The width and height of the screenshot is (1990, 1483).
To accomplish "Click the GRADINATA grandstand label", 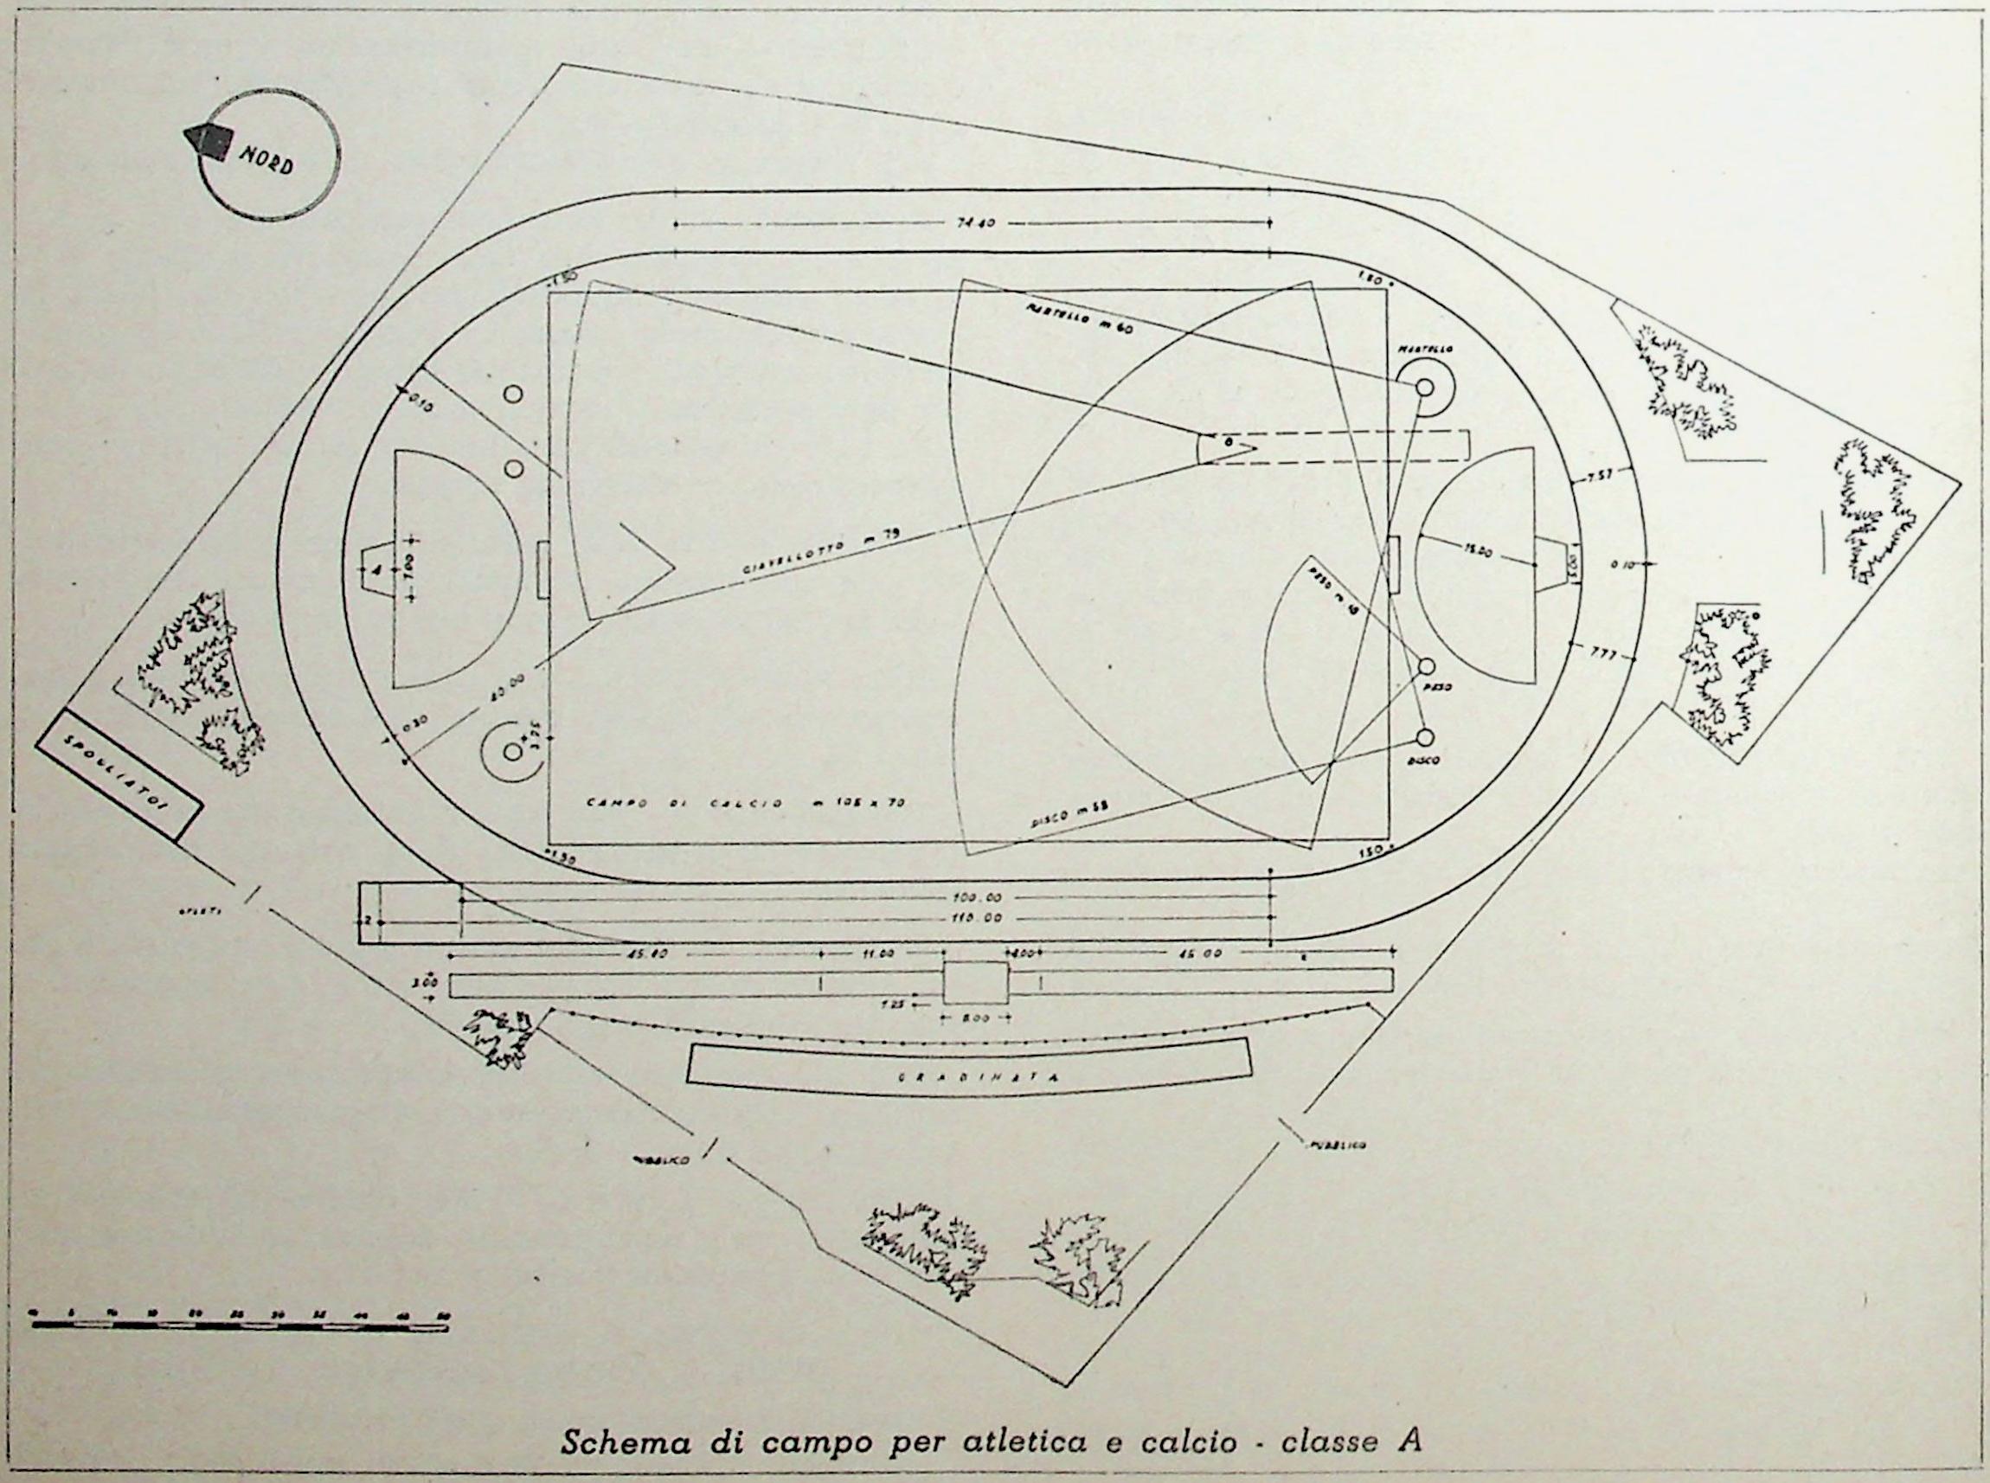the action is point(966,1077).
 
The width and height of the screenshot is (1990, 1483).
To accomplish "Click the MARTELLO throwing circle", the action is point(1424,387).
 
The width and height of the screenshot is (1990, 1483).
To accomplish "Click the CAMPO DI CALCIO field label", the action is point(745,803).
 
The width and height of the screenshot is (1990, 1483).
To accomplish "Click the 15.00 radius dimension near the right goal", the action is point(1473,554).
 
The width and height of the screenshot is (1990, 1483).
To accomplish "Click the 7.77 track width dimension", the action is point(1603,652).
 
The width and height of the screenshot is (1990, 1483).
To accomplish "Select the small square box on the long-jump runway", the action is point(975,982).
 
